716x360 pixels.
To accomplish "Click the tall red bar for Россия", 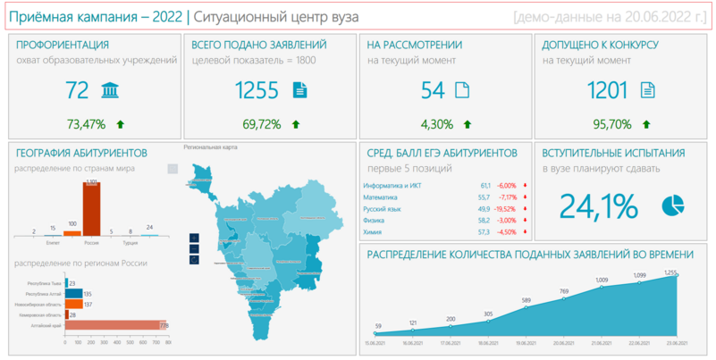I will click(91, 209).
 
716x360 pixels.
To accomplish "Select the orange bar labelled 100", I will click(72, 230).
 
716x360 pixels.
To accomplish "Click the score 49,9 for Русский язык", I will click(484, 208).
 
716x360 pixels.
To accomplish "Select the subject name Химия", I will click(373, 232).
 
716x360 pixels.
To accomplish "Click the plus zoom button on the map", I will click(195, 239).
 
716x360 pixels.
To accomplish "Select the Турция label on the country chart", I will click(131, 242).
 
